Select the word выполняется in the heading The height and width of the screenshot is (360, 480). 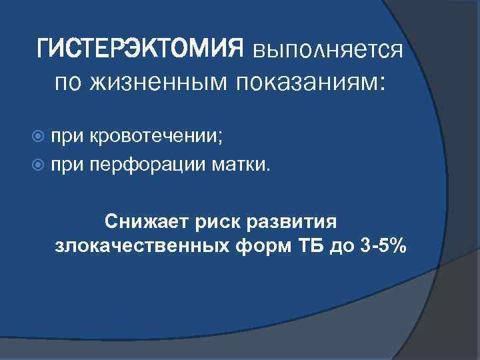point(327,49)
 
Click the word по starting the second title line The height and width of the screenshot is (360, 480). point(67,83)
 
